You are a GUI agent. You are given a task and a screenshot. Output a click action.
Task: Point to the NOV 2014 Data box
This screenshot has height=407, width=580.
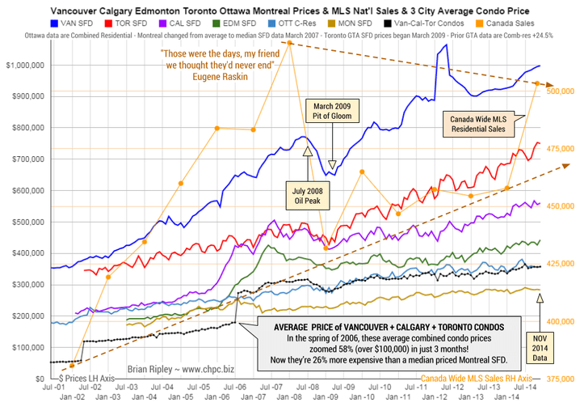pos(540,345)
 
